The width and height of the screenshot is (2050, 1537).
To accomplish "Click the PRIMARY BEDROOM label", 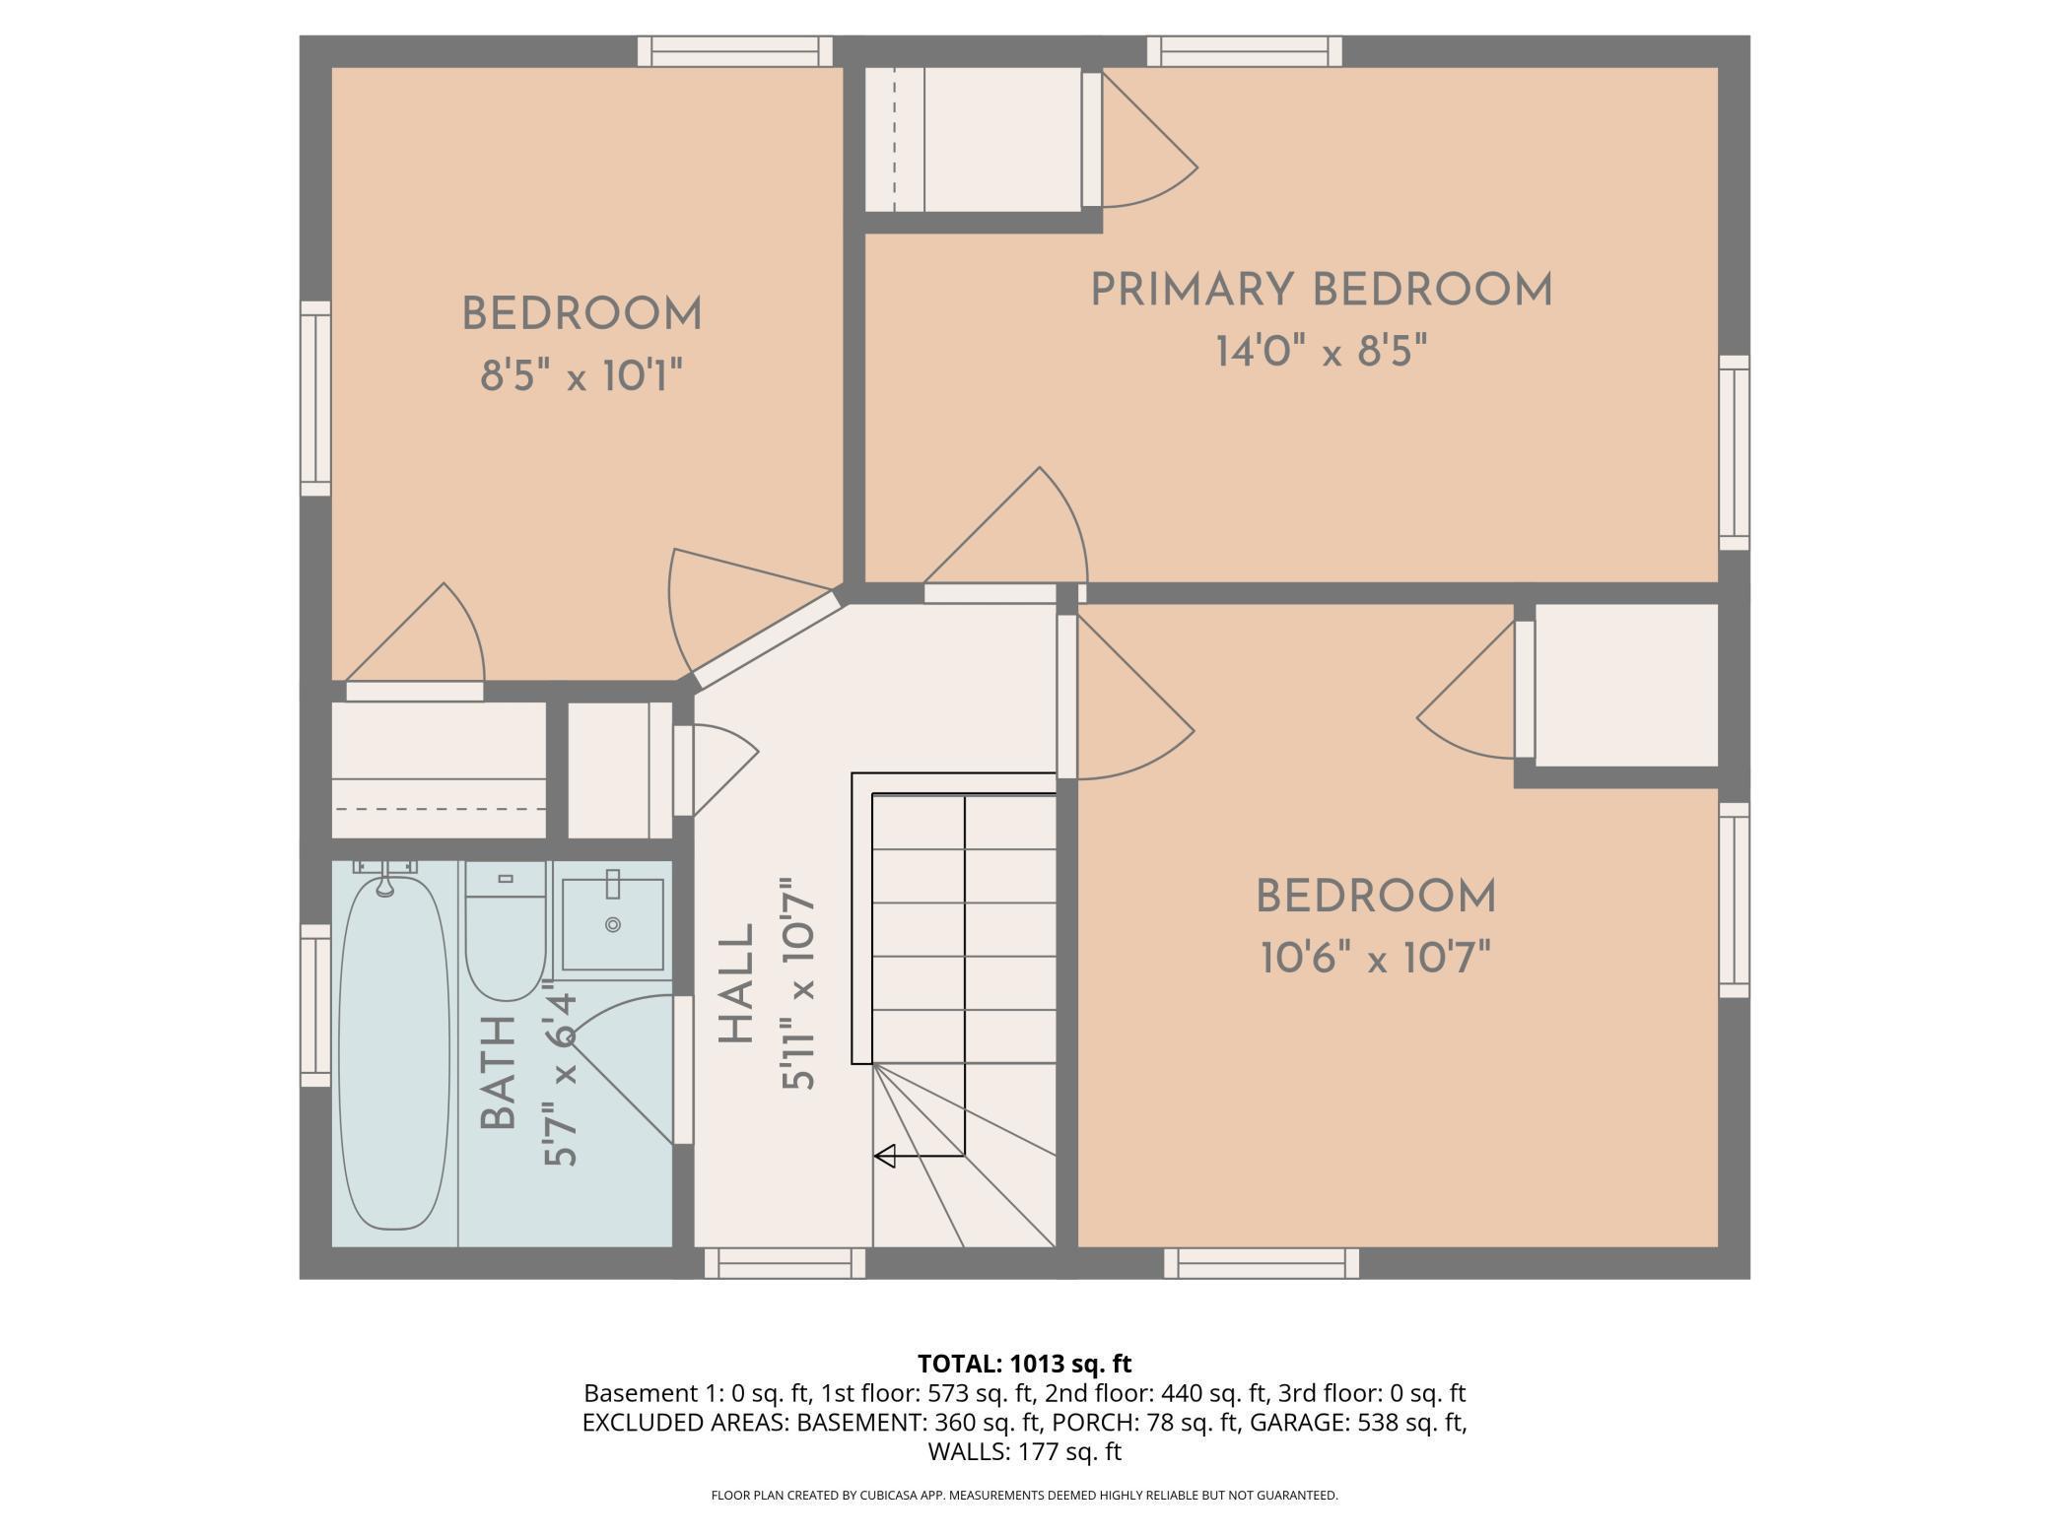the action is pos(1321,291).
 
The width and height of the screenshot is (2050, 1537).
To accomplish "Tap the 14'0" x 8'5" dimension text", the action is pos(1321,351).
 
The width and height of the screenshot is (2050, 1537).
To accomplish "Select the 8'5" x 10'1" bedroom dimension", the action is pos(581,375).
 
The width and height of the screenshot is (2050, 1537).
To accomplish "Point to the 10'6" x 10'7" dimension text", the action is pos(1376,958).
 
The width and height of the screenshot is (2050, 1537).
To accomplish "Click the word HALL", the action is pos(736,983).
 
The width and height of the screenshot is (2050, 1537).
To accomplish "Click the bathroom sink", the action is pos(612,924).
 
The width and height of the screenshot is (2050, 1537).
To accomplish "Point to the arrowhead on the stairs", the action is pos(884,1156).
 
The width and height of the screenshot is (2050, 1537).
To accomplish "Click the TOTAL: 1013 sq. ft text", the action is pos(1025,1364).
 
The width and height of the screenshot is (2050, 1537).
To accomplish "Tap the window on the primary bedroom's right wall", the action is pos(1735,452).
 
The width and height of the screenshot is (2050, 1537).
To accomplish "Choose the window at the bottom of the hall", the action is pos(785,1263).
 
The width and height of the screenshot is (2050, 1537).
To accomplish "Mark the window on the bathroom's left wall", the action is pos(315,1005).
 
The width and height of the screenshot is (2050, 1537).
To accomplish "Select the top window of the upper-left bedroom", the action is pos(735,51).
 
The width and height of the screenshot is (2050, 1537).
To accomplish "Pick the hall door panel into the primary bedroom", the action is pos(990,593).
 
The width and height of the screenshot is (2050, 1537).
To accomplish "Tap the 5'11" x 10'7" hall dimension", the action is pos(799,983).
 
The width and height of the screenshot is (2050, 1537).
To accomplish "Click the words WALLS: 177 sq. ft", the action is pos(1025,1451).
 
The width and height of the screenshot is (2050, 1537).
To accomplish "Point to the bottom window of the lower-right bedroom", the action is pos(1262,1263).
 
